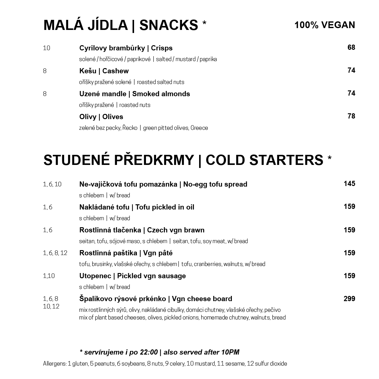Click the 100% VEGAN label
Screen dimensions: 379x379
pyautogui.click(x=325, y=25)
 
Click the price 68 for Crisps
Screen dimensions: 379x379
pyautogui.click(x=351, y=48)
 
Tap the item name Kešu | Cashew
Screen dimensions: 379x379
pyautogui.click(x=104, y=71)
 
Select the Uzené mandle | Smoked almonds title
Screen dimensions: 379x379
pyautogui.click(x=134, y=94)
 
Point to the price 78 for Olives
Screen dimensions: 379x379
pyautogui.click(x=351, y=116)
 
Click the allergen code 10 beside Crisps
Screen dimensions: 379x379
pyautogui.click(x=46, y=48)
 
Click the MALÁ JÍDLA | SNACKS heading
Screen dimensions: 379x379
pyautogui.click(x=121, y=25)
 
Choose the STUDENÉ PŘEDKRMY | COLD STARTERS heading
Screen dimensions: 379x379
pyautogui.click(x=183, y=160)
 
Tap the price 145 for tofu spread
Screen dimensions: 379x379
pyautogui.click(x=349, y=184)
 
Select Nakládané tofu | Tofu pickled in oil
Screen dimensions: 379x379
pyautogui.click(x=137, y=207)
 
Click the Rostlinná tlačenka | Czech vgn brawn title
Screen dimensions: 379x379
pyautogui.click(x=142, y=230)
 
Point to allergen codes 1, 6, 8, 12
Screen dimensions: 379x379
pyautogui.click(x=55, y=253)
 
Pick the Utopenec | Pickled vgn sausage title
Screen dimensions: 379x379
pyautogui.click(x=132, y=276)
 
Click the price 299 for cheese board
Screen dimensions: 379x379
pyautogui.click(x=349, y=299)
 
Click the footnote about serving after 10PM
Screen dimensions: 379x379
pyautogui.click(x=159, y=352)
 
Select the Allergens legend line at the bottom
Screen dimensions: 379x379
pyautogui.click(x=165, y=364)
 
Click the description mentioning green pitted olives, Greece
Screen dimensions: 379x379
pyautogui.click(x=143, y=128)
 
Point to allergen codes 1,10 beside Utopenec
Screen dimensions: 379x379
pyautogui.click(x=49, y=276)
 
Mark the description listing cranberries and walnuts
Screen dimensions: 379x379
pyautogui.click(x=172, y=264)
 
